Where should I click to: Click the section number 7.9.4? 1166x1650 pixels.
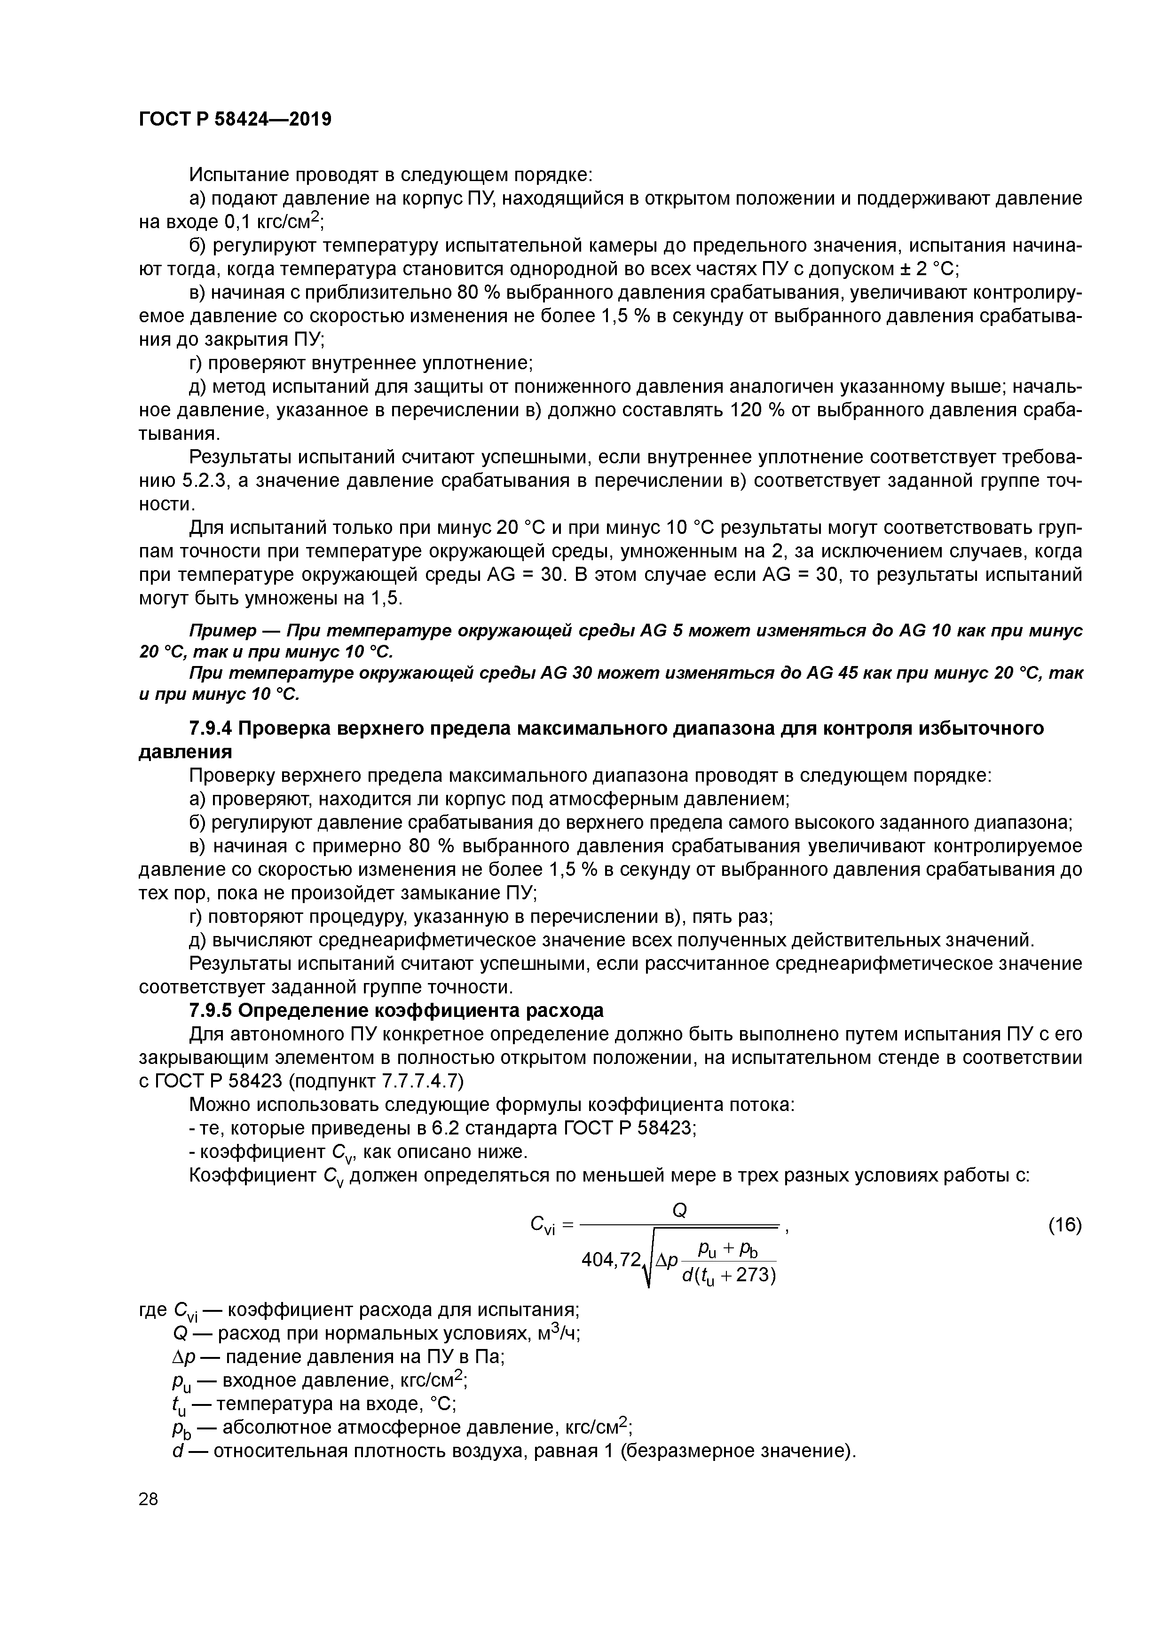click(210, 729)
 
